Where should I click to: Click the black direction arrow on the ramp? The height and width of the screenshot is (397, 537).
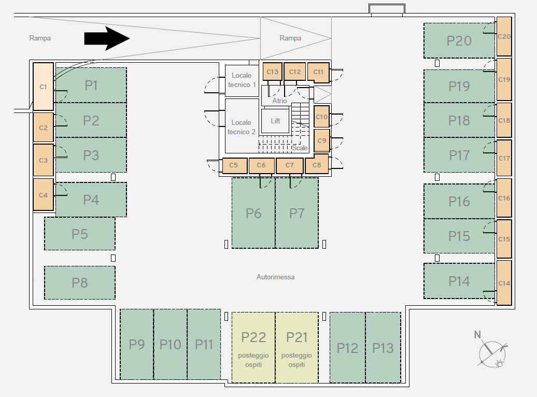pos(106,38)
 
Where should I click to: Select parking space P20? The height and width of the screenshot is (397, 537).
pos(459,40)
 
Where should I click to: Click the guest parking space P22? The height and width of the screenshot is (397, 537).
pos(253,347)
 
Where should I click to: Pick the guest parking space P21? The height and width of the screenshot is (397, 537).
pos(297,347)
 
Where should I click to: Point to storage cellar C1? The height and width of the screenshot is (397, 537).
pos(43,87)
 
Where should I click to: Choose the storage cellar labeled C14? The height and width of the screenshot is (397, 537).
pos(504,283)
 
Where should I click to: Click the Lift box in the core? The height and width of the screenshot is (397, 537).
pos(275,121)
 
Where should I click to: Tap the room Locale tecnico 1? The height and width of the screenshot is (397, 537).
pos(242,80)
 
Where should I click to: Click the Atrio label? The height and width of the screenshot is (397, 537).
pos(279,101)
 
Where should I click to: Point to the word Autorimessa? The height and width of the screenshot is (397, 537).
pos(275,277)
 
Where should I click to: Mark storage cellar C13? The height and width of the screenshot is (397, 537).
pos(272,72)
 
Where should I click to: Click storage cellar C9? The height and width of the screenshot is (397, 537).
pos(322,140)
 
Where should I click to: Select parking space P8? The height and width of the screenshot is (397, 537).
pos(80,283)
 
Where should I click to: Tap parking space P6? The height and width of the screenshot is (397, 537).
pos(253,213)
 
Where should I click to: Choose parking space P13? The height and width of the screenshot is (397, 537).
pos(383,348)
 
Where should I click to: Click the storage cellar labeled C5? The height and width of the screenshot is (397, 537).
pos(234,165)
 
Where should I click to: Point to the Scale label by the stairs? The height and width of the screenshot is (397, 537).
pos(300,148)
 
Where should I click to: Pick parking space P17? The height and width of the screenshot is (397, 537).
pos(459,155)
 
